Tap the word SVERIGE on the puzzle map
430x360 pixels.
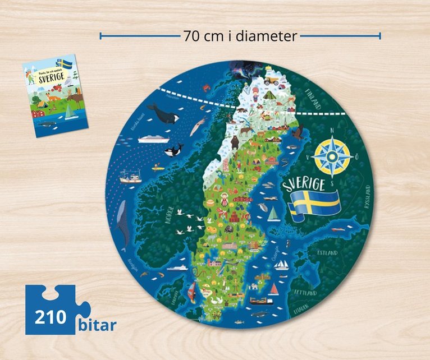pos(304,186)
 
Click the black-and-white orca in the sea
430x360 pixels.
pos(173,150)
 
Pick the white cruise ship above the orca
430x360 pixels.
pos(153,139)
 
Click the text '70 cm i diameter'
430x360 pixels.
pos(240,36)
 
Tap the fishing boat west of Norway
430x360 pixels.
pos(130,179)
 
